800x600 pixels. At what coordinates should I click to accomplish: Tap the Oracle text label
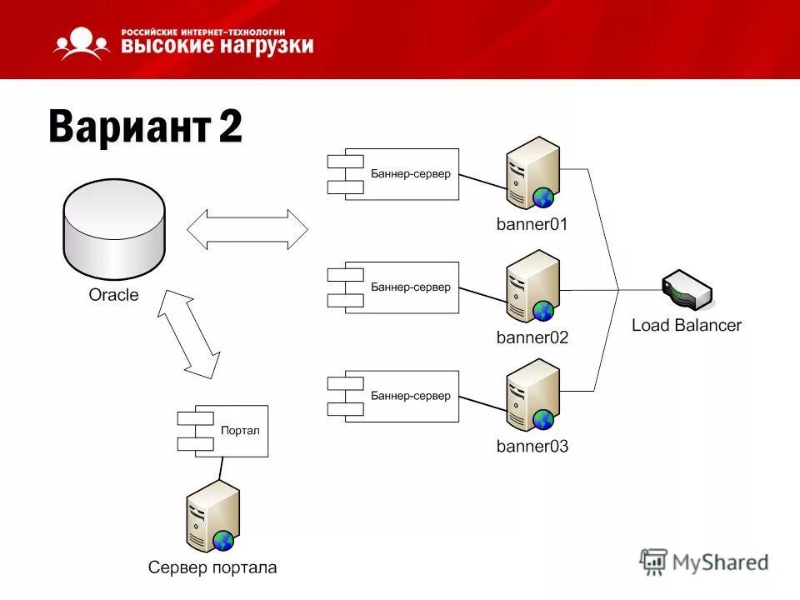click(114, 295)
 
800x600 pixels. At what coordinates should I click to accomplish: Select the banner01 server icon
click(532, 174)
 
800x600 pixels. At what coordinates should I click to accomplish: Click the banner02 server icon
click(532, 286)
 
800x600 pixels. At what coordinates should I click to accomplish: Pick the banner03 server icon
click(532, 394)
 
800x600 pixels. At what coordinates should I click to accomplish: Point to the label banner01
click(532, 224)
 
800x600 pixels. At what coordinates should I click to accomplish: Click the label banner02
click(532, 337)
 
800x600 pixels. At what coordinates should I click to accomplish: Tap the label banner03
click(532, 447)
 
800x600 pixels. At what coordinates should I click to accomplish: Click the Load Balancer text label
click(686, 325)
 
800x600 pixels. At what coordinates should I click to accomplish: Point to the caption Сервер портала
click(212, 568)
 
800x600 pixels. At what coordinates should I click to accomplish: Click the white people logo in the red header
click(81, 43)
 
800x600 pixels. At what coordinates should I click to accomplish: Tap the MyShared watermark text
click(721, 562)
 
